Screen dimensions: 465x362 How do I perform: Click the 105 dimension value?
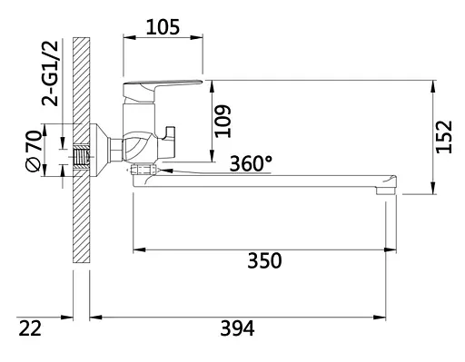163,27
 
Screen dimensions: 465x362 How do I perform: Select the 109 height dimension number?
223,121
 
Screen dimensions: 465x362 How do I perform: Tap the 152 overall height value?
444,137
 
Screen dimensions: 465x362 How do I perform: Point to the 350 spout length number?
264,260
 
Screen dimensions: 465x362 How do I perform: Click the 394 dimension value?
237,328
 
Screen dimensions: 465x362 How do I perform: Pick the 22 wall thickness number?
30,328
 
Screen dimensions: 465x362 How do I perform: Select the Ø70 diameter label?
34,151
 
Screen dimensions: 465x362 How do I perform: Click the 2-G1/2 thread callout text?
50,73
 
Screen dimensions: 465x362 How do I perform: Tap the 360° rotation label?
251,163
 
